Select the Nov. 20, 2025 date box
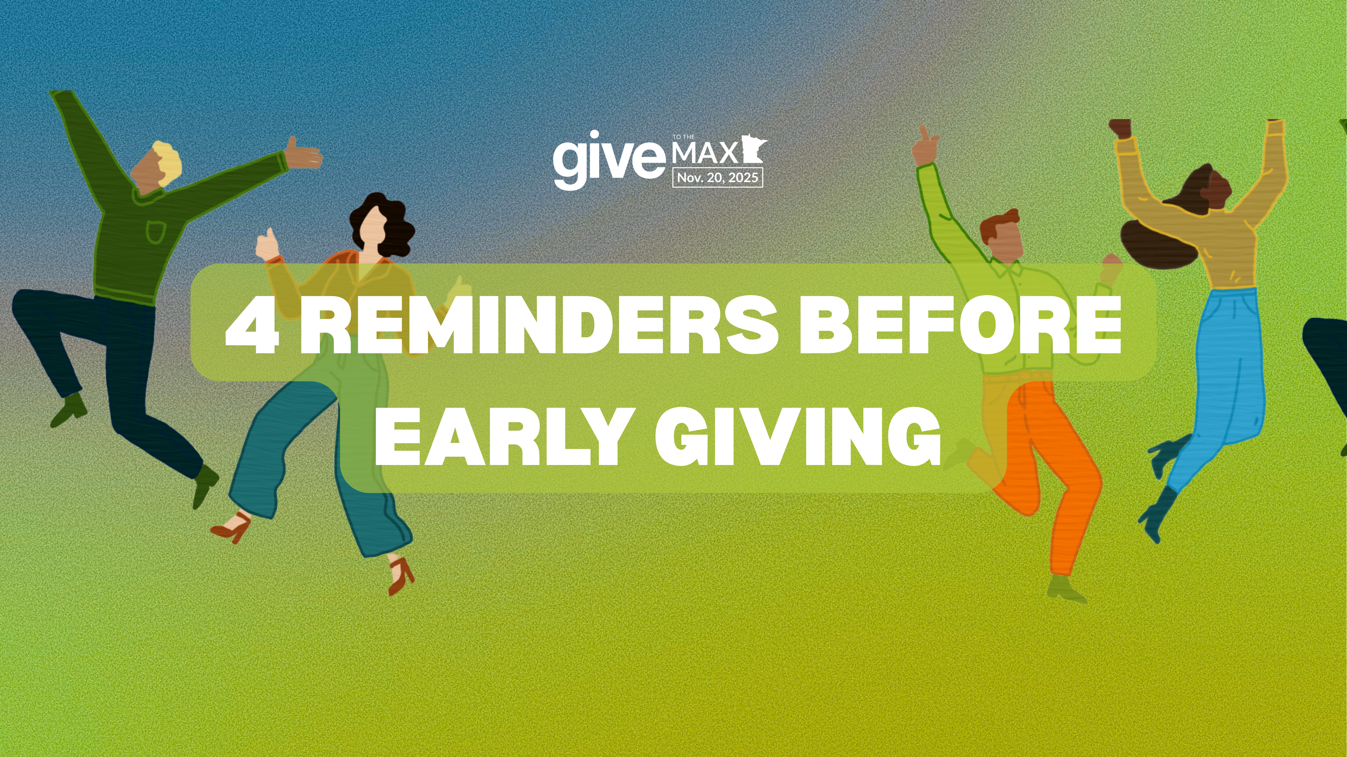pyautogui.click(x=717, y=178)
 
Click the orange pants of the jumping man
pyautogui.click(x=1046, y=470)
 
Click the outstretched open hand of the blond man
pyautogui.click(x=303, y=153)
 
